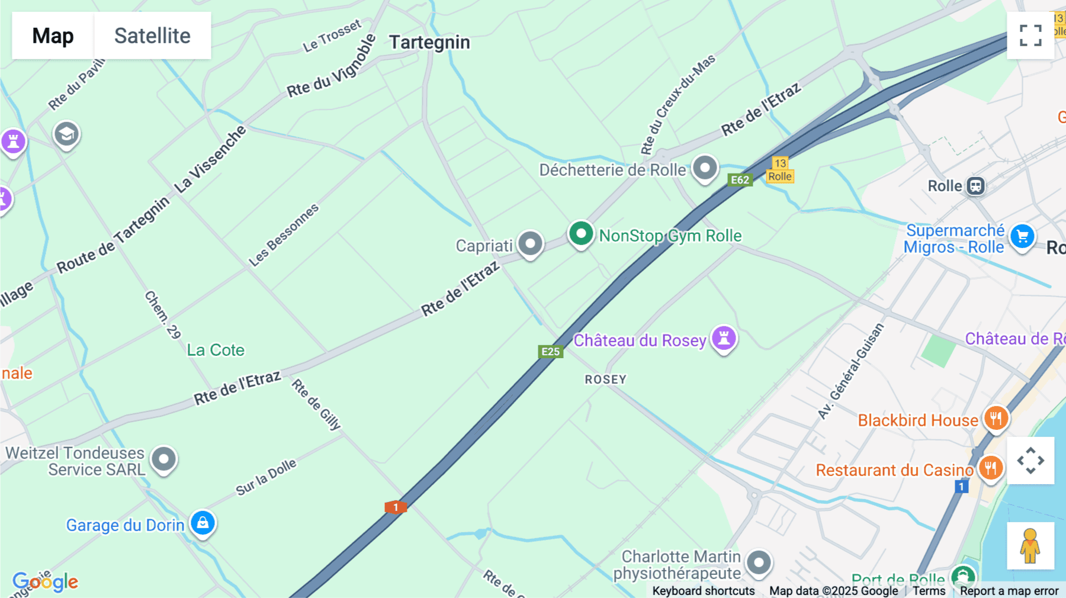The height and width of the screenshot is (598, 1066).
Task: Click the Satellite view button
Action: click(152, 36)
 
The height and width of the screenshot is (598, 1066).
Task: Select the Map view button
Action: click(53, 36)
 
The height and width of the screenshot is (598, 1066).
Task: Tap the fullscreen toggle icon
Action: click(1030, 36)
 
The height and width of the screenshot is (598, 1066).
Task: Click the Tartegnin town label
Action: click(429, 43)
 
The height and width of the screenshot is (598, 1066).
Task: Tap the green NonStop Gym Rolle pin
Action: click(581, 234)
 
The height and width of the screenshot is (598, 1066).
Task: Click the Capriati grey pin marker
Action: click(530, 243)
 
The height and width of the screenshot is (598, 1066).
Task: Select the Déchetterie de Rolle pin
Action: click(705, 168)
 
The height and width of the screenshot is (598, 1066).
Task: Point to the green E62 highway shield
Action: click(740, 180)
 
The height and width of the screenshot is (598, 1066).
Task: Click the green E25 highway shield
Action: click(550, 352)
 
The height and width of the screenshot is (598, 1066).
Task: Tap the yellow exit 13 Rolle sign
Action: click(780, 170)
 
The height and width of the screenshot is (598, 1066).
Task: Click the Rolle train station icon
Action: click(975, 186)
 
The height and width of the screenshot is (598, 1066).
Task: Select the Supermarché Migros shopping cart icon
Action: click(1022, 236)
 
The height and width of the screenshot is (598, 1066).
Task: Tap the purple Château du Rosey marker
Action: click(724, 339)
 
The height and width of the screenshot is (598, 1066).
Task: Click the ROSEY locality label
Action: click(605, 380)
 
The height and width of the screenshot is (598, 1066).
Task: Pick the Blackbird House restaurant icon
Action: click(996, 419)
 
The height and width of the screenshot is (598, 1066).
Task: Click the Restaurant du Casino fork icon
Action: click(991, 468)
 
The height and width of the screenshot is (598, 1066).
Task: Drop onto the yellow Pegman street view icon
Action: click(1030, 545)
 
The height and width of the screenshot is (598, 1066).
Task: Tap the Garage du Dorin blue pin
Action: click(203, 523)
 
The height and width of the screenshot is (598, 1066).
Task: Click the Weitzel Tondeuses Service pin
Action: click(164, 459)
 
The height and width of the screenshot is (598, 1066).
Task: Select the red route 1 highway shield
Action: click(396, 507)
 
